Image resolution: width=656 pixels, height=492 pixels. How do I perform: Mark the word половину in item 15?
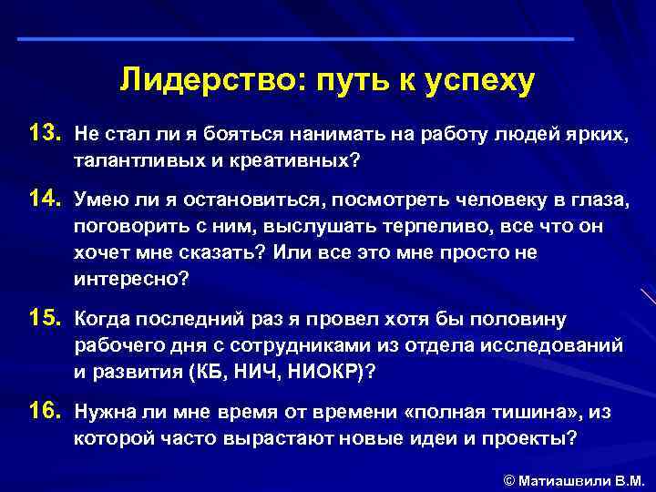point(518,320)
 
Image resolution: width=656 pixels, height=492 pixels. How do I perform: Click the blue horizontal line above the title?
point(296,39)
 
